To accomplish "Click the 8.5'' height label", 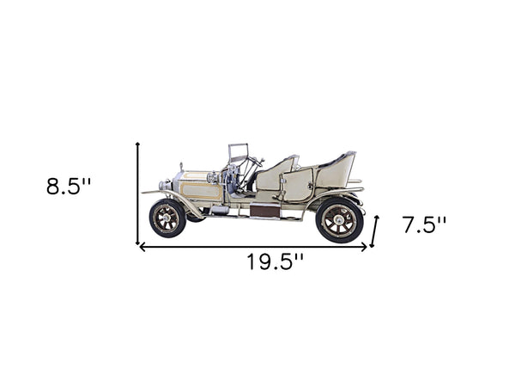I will (69, 187).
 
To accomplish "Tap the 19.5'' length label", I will (276, 262).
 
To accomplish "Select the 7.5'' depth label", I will (424, 225).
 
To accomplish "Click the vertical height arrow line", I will (137, 193).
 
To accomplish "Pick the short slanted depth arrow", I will (374, 231).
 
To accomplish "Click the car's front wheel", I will (167, 218).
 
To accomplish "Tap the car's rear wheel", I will (339, 220).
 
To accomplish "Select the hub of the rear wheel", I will (339, 220).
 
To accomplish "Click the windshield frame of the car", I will (238, 154).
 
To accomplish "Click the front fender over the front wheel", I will (172, 196).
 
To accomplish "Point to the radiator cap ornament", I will (181, 166).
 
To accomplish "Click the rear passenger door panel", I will (297, 185).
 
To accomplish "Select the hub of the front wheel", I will (167, 218).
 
